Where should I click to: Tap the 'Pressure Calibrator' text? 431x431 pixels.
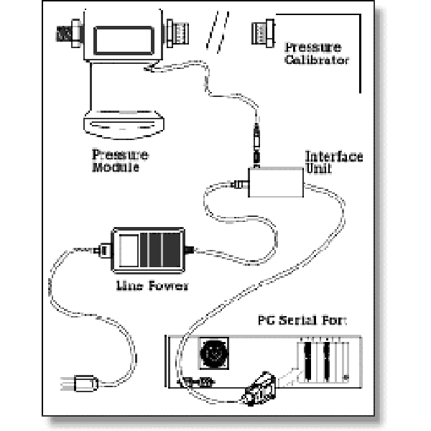pyautogui.click(x=316, y=54)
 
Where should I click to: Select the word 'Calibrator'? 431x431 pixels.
pyautogui.click(x=316, y=60)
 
